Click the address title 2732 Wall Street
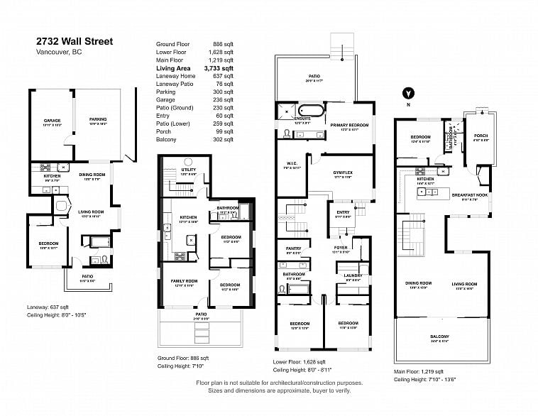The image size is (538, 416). coord(75,42)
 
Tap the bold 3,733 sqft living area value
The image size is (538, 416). coord(219,68)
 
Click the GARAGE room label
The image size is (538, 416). coord(52,121)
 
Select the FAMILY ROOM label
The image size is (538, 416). coord(185,281)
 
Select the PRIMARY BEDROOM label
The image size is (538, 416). coord(349,126)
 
